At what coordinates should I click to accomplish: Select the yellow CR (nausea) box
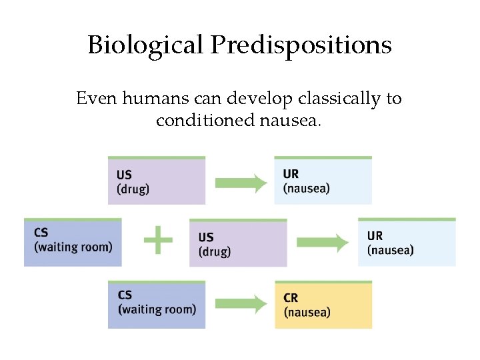point(323,305)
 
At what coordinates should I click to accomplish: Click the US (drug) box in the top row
point(157,181)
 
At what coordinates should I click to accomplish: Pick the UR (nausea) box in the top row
point(323,181)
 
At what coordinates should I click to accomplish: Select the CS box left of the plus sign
point(73,242)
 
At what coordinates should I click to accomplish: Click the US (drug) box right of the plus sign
point(238,243)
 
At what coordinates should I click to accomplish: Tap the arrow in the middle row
point(323,243)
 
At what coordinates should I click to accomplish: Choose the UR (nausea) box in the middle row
point(407,242)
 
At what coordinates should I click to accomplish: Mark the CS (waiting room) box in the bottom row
point(157,305)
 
